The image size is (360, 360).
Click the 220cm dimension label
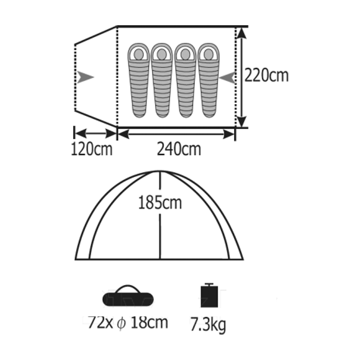266,76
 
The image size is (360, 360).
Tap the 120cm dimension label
92,150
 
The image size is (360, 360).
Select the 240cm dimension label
179,149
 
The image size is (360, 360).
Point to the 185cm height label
160,202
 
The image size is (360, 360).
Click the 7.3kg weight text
208,325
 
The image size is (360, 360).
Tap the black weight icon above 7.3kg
209,296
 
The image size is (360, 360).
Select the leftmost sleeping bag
139,80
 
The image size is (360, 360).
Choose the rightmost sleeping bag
208,80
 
